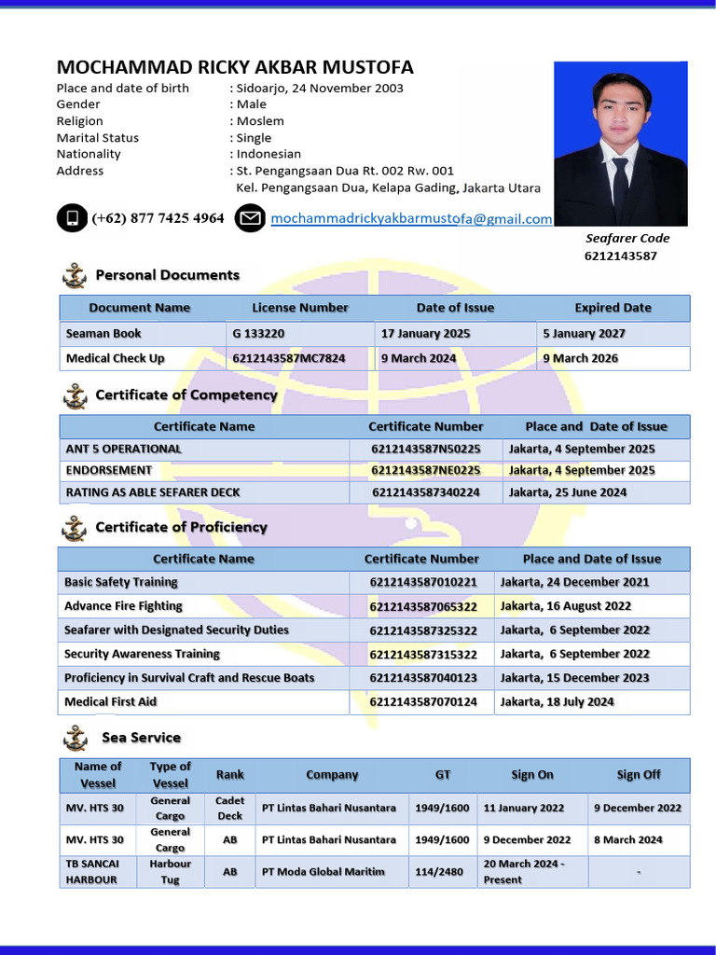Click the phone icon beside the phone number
coord(72,219)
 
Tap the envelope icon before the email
coord(250,219)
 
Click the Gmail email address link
coord(411,219)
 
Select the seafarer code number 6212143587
coord(621,256)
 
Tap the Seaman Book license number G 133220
coord(259,334)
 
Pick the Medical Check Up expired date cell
coord(580,358)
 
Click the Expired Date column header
coord(613,308)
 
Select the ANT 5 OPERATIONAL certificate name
coord(124,449)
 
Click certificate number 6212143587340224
coord(426,492)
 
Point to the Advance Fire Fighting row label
coord(123,606)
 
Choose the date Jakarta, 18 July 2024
coord(558,702)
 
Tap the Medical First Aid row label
coord(110,702)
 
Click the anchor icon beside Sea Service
coord(75,739)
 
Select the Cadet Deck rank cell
coord(229,809)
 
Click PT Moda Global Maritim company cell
coord(324,872)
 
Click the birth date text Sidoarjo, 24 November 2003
coord(320,89)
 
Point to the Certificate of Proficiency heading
coord(181,527)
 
